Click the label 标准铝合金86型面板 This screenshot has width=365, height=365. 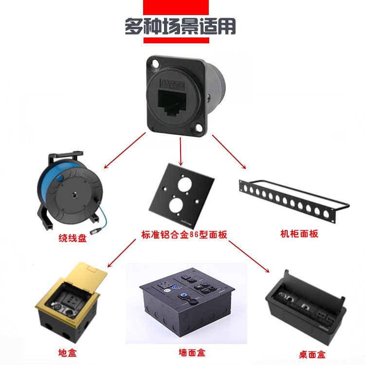tap(182, 234)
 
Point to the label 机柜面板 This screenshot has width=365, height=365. tap(299, 234)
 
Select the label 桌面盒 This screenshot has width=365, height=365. tap(312, 354)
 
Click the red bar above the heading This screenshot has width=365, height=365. tap(176, 7)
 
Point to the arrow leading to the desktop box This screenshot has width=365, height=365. tap(249, 256)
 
